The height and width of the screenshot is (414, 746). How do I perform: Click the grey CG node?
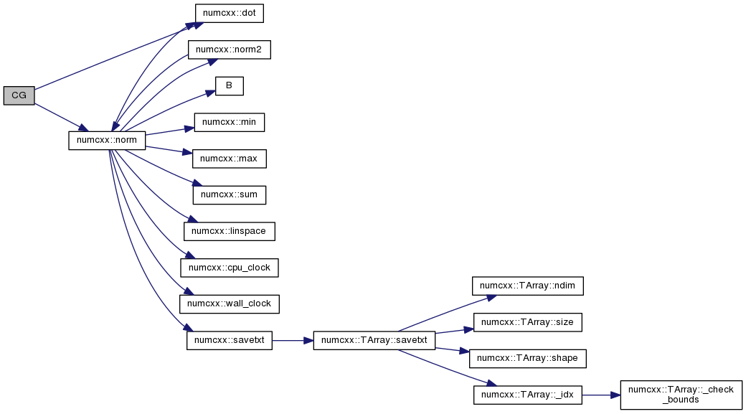pos(19,95)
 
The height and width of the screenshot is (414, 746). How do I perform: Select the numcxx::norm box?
pos(107,141)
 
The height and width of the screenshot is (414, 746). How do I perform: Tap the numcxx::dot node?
pos(230,13)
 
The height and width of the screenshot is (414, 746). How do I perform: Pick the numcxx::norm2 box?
pos(230,50)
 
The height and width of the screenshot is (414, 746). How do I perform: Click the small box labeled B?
pos(230,86)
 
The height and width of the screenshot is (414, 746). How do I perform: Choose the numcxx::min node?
pos(230,122)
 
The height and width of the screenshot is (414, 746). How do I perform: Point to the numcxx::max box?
pos(230,159)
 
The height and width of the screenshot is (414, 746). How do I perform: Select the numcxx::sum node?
pos(230,195)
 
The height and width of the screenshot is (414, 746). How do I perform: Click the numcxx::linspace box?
pos(230,231)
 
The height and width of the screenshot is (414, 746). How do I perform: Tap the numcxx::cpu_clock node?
pos(230,268)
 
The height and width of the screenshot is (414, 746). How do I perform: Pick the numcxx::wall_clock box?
pos(230,304)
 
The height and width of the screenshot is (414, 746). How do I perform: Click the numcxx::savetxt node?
pos(230,341)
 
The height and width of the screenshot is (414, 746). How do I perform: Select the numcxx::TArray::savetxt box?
pos(374,341)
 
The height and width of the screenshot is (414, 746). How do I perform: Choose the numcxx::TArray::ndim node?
pos(528,286)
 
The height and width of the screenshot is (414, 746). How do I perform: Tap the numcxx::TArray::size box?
pos(528,323)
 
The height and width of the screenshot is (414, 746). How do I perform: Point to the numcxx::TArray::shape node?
pos(528,359)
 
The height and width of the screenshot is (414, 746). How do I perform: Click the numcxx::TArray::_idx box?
pos(528,395)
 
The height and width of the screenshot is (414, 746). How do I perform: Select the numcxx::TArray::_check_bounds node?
pos(681,395)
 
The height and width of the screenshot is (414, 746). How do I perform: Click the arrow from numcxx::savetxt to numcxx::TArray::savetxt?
pos(293,341)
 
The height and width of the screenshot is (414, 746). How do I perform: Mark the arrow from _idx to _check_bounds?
pos(601,395)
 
